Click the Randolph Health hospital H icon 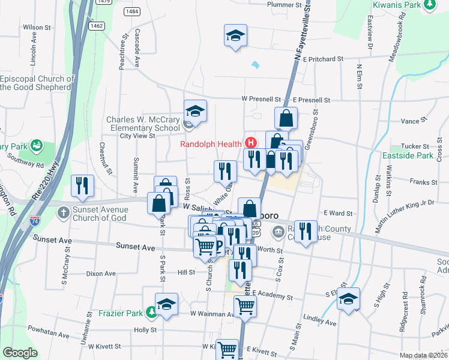[x=251, y=143]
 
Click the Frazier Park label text [x=120, y=313]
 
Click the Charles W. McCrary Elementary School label [x=143, y=124]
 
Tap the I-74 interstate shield [x=35, y=221]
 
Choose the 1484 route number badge [x=133, y=12]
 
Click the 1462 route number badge [x=97, y=26]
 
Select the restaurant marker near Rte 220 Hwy [x=82, y=185]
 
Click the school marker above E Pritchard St [x=235, y=35]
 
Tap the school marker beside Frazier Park [x=166, y=304]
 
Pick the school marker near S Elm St [x=348, y=298]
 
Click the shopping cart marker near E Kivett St [x=228, y=349]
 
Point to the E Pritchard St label [x=323, y=59]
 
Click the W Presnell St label [x=261, y=99]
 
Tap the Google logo [x=20, y=353]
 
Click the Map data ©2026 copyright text [x=424, y=355]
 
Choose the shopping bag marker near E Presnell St [x=286, y=118]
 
